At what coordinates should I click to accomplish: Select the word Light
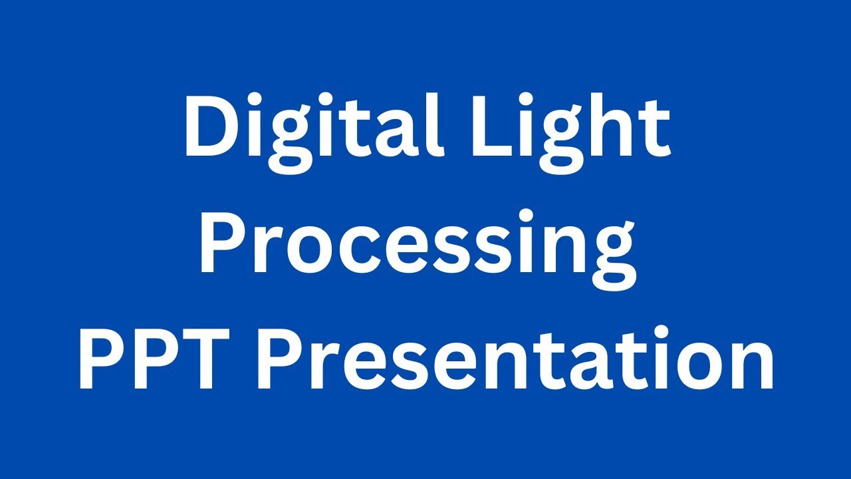point(572,129)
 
